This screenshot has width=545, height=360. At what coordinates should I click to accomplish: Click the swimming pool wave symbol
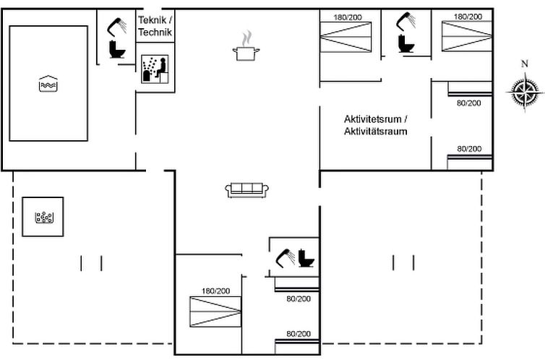(47, 84)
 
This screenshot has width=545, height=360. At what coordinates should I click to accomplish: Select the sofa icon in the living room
(247, 189)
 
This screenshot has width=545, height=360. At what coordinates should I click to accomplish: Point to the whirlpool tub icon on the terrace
(43, 216)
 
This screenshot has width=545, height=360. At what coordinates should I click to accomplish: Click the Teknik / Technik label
(155, 27)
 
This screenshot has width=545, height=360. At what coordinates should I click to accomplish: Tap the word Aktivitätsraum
(375, 132)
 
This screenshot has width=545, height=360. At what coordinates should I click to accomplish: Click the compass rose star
(525, 93)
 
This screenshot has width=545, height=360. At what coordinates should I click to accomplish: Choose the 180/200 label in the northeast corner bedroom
(468, 16)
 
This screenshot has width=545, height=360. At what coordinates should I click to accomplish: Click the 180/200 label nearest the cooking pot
(347, 16)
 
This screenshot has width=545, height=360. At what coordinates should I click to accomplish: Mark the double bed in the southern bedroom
(215, 312)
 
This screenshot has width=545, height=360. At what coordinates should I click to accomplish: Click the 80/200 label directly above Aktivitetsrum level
(468, 103)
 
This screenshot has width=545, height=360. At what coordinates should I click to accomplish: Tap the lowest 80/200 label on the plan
(298, 333)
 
